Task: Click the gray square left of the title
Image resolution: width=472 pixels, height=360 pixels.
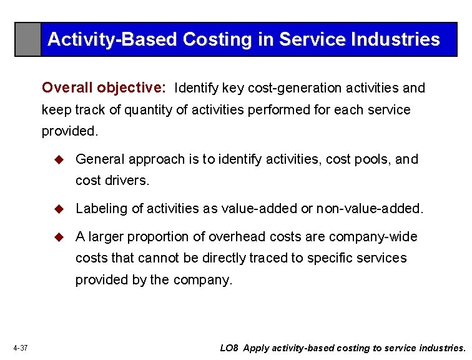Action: pos(28,39)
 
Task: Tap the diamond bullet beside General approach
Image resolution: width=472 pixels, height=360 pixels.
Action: pos(60,159)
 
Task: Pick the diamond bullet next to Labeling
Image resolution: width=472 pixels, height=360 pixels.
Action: pos(60,209)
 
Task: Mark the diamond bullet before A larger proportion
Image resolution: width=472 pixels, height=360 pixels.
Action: pos(60,237)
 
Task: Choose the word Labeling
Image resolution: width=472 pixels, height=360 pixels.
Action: pos(101,209)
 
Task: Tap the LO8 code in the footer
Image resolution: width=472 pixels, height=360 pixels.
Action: pos(229,348)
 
